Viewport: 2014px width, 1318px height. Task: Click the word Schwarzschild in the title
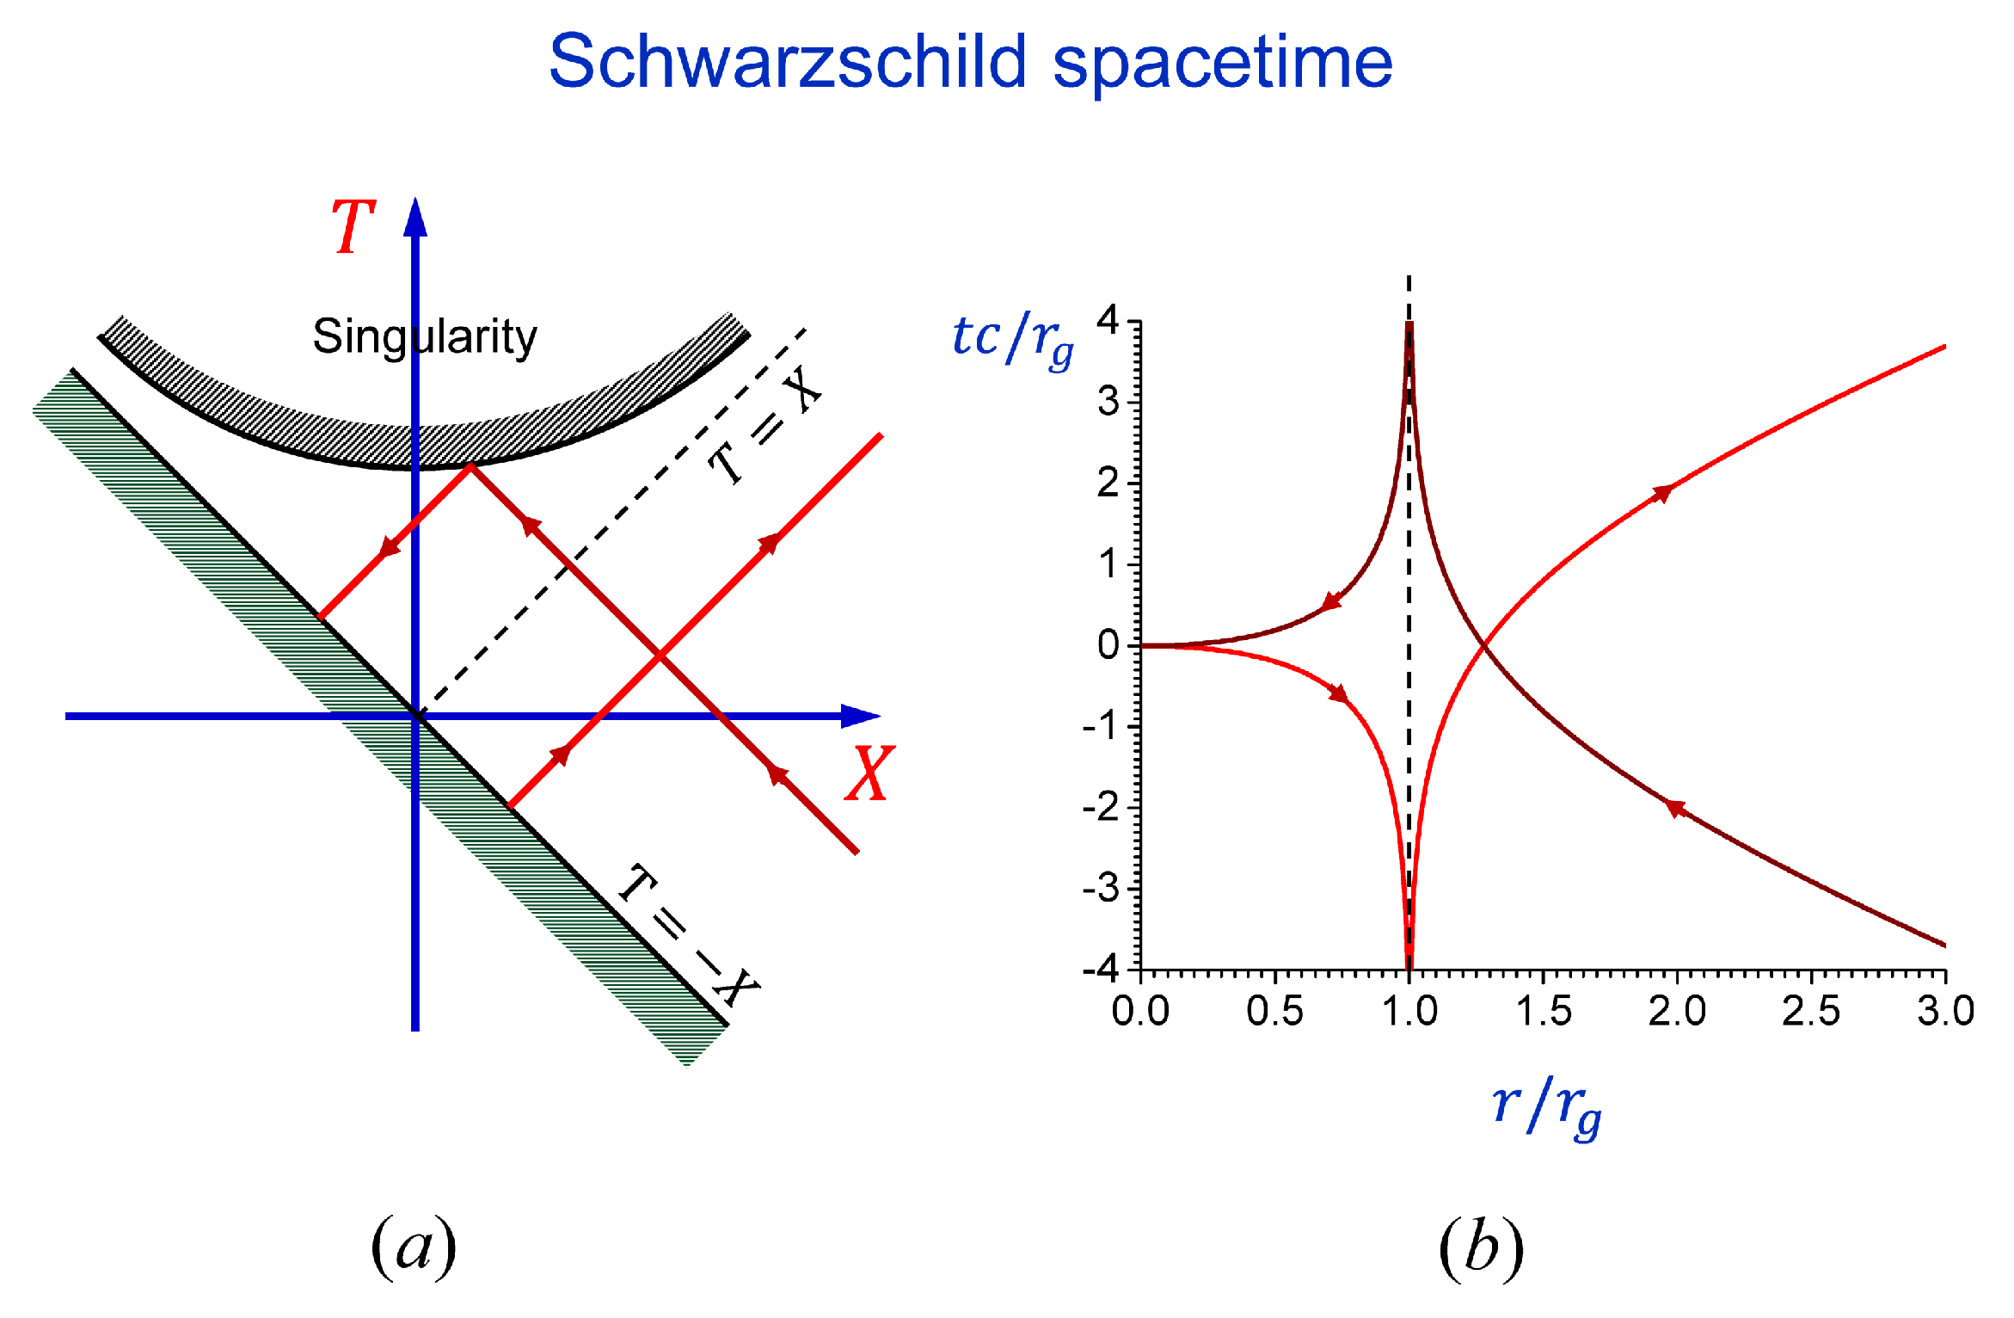click(x=787, y=62)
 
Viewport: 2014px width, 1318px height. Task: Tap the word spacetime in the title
click(x=1222, y=64)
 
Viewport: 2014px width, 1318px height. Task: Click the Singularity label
click(x=424, y=336)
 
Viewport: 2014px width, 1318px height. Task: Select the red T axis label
click(x=353, y=227)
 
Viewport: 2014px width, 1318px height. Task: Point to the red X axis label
click(x=869, y=774)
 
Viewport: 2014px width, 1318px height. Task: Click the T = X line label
click(x=763, y=427)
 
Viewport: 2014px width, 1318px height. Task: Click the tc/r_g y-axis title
click(x=1012, y=341)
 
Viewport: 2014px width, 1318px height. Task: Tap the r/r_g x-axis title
click(x=1546, y=1108)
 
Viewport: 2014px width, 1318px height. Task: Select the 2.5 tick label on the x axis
click(x=1810, y=1012)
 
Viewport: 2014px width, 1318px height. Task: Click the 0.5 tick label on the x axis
click(x=1274, y=1012)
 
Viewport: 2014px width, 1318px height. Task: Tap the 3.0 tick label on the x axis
click(x=1945, y=1012)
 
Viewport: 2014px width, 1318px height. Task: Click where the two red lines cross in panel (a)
click(x=660, y=656)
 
